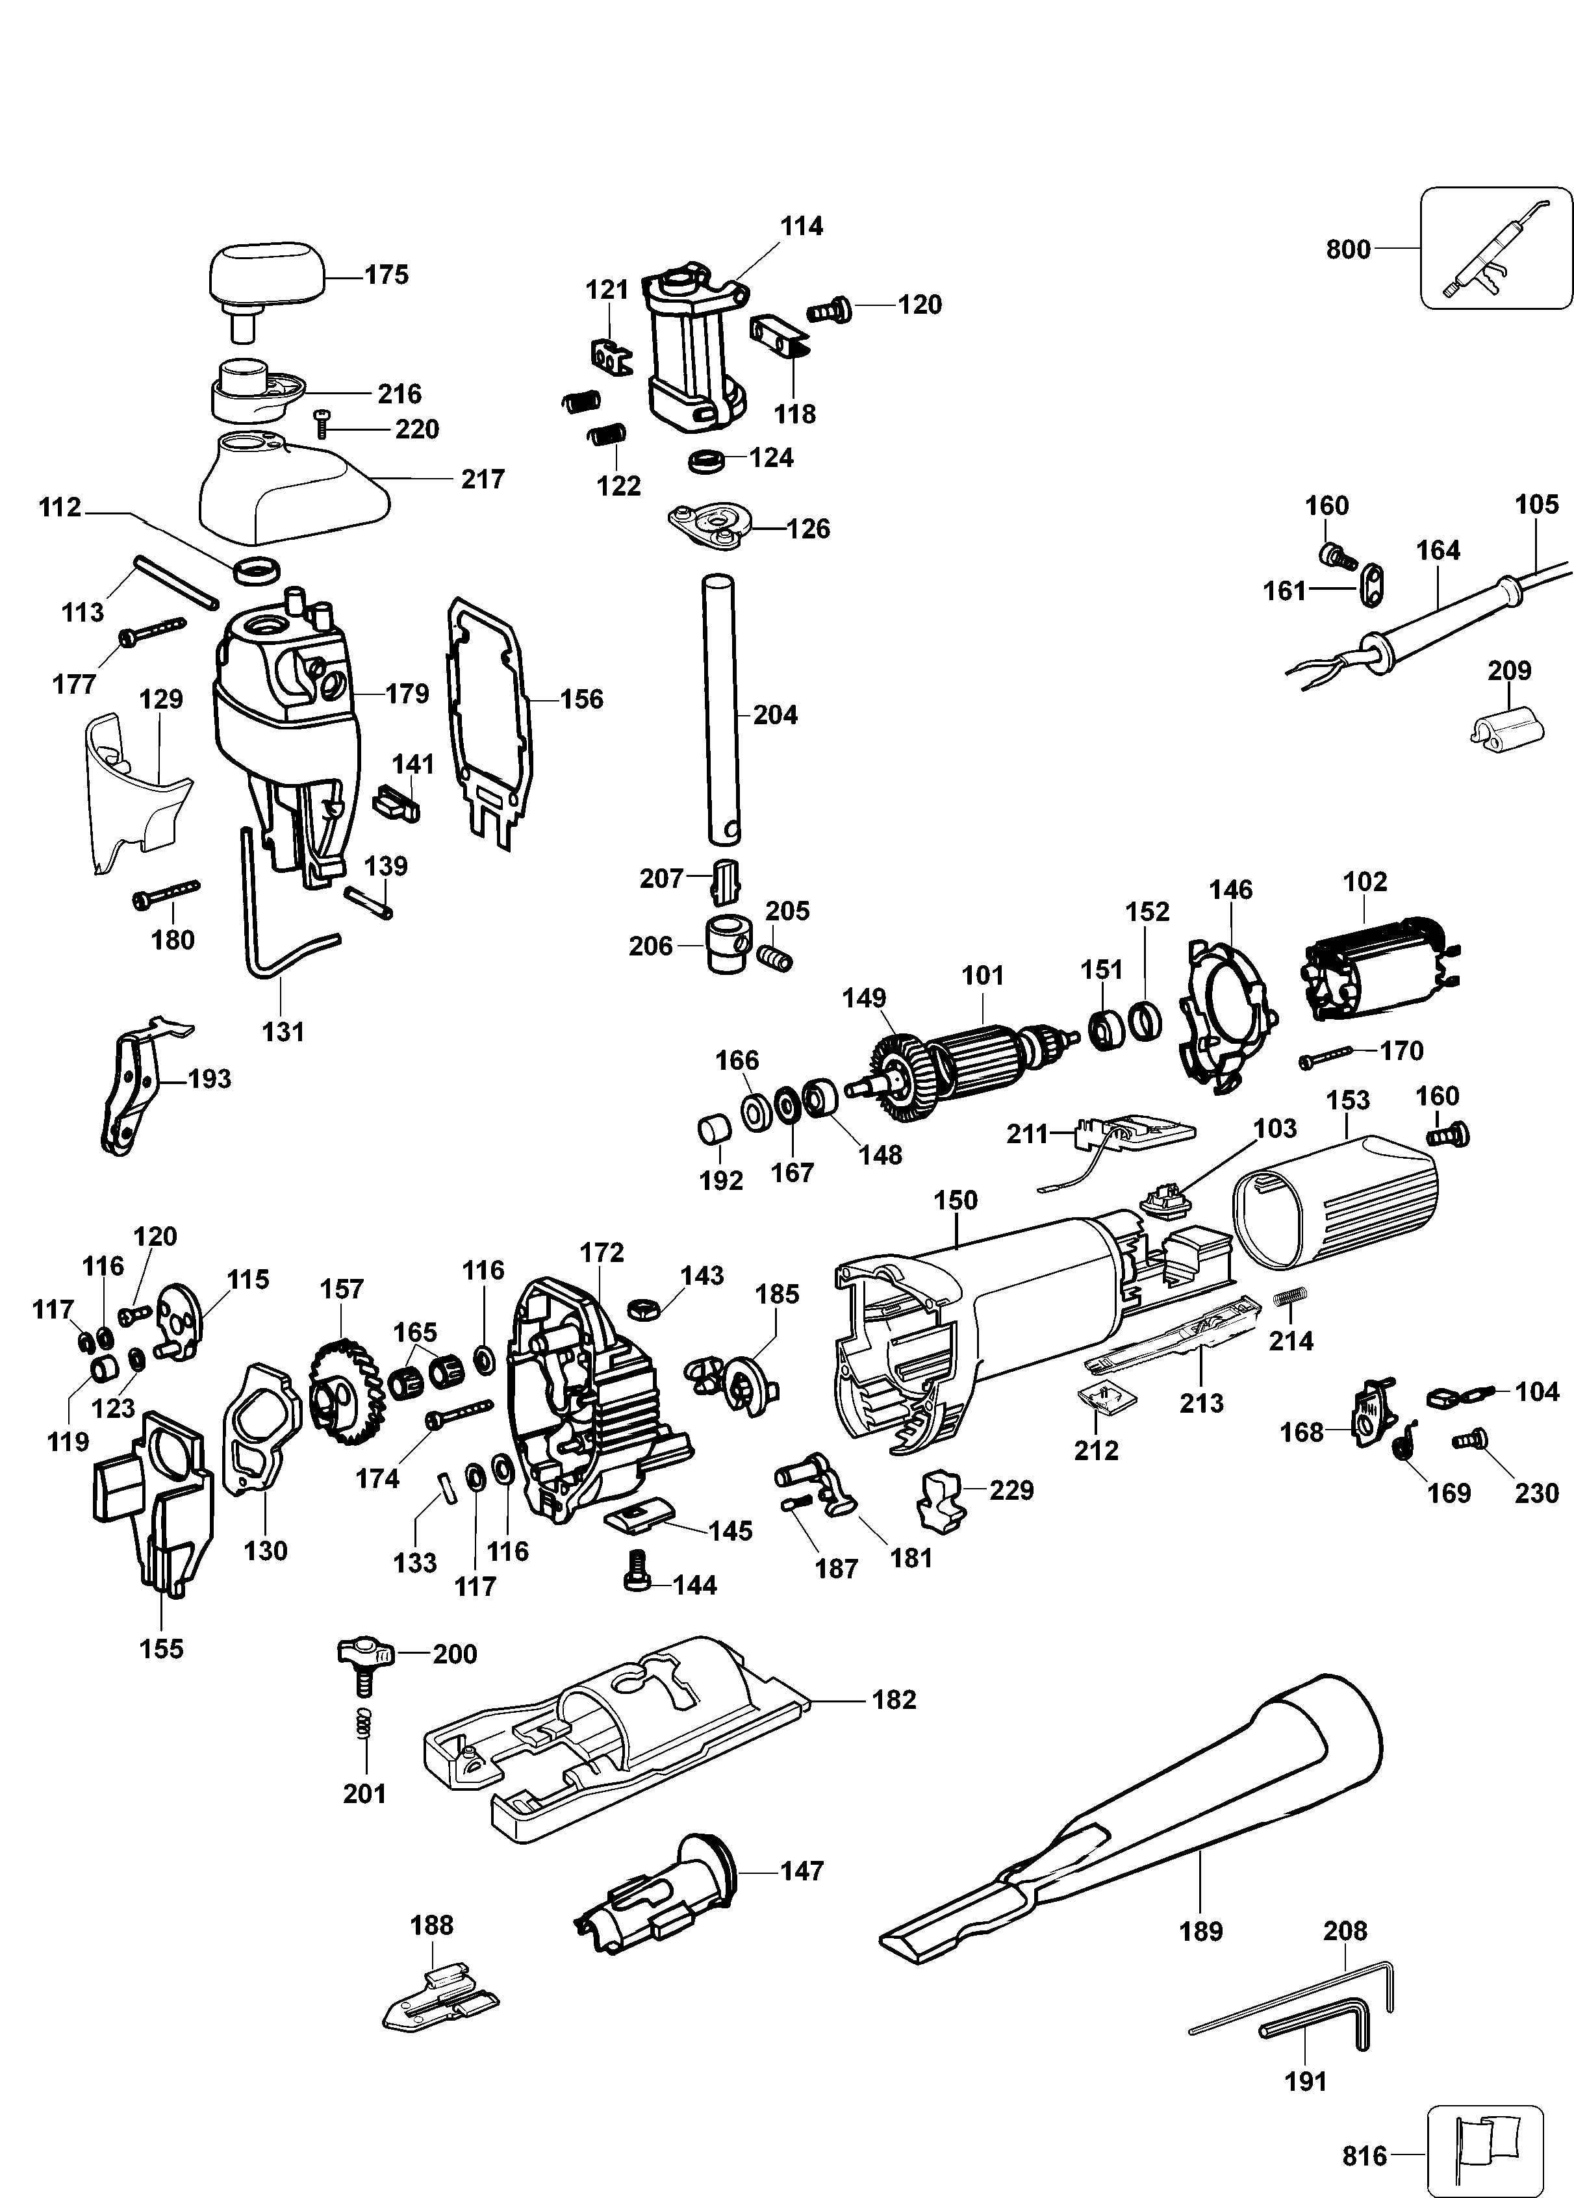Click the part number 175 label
coord(386,275)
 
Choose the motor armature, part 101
coord(969,1063)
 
